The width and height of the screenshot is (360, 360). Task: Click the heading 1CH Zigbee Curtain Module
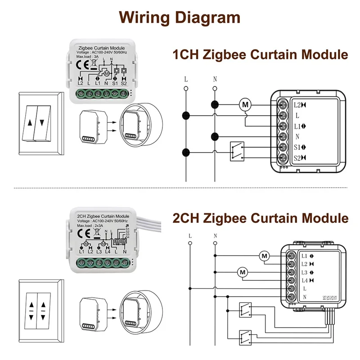click(261, 55)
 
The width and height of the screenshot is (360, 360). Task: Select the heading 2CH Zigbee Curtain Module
click(261, 218)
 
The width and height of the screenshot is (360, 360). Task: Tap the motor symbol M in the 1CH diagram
click(245, 105)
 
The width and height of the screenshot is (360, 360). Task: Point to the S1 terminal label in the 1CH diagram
click(298, 147)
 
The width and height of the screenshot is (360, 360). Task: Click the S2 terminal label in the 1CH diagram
click(298, 157)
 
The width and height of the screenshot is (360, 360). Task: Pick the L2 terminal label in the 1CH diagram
click(298, 105)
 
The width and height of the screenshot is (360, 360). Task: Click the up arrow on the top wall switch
click(30, 122)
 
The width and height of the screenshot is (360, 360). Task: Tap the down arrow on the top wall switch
click(42, 122)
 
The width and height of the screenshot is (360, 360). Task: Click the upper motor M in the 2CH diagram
click(264, 256)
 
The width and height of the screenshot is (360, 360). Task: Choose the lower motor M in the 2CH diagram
click(243, 272)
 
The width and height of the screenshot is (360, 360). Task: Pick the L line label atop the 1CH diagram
click(185, 78)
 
